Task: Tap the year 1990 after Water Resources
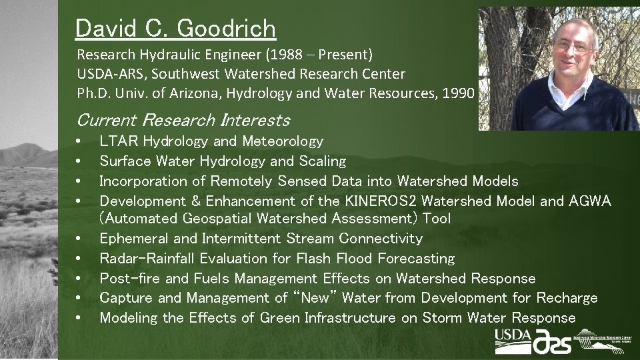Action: (x=459, y=93)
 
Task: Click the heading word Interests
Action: (x=257, y=121)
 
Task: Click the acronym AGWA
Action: (x=590, y=201)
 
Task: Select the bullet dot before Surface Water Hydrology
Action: (x=79, y=161)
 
